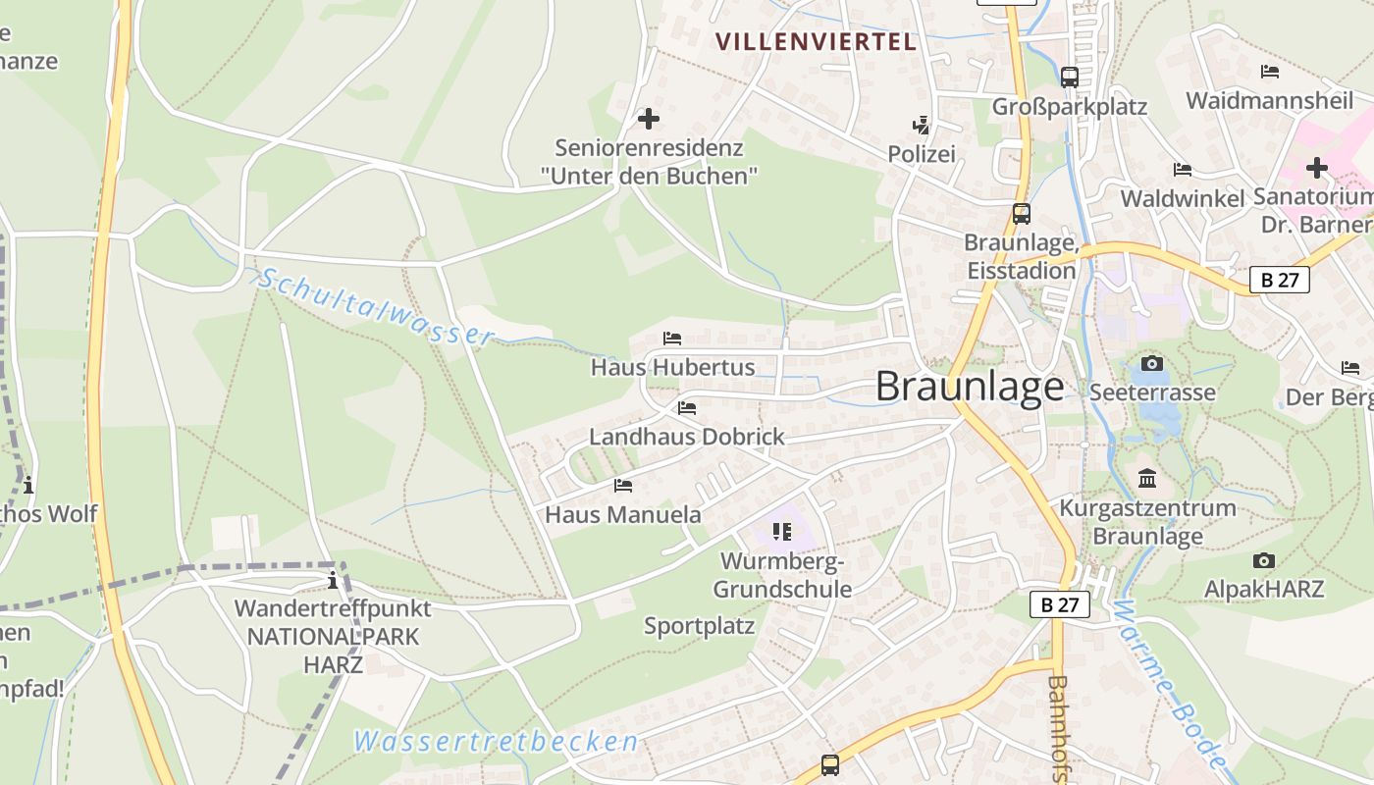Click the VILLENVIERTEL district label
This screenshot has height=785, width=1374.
(x=816, y=41)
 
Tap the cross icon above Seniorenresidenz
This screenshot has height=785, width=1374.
(x=649, y=120)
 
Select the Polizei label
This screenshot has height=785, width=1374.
(x=921, y=154)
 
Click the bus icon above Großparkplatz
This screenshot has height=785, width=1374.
(x=1070, y=77)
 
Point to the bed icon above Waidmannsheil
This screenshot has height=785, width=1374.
(x=1269, y=72)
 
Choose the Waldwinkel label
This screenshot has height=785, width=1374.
(x=1182, y=198)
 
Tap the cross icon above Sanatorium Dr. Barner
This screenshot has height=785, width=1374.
(x=1316, y=168)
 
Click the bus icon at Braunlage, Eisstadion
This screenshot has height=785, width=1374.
(x=1022, y=214)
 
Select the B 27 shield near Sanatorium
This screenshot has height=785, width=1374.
(x=1280, y=280)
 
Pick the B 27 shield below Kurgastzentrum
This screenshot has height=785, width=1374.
(x=1060, y=604)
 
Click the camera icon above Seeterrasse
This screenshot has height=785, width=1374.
(x=1152, y=364)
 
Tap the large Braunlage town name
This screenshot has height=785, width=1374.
(x=969, y=387)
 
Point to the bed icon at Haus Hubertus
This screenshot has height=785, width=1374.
(x=672, y=339)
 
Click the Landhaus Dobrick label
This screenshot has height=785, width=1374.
(x=686, y=437)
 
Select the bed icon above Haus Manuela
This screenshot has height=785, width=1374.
(x=623, y=485)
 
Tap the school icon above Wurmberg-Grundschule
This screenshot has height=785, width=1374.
(x=782, y=532)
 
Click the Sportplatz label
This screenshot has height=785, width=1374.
(x=699, y=626)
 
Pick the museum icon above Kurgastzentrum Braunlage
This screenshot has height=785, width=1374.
(x=1147, y=479)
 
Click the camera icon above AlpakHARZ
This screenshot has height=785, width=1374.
(x=1264, y=561)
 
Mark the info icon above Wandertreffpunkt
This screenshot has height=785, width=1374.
(x=333, y=580)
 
